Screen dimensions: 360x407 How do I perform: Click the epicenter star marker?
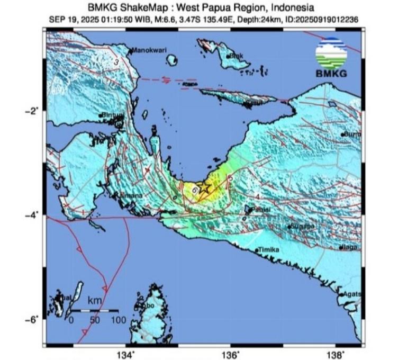(205, 187)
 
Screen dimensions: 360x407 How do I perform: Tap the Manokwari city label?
(149, 50)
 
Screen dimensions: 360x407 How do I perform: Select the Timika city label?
(268, 250)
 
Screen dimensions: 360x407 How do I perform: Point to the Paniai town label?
(260, 210)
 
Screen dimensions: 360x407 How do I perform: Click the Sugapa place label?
(302, 227)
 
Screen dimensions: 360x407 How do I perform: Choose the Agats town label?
(352, 294)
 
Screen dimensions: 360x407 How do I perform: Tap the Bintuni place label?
(112, 115)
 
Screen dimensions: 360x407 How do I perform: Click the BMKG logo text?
(331, 74)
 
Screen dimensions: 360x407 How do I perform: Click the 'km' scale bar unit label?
(95, 301)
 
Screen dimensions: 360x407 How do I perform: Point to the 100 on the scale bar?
(119, 320)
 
